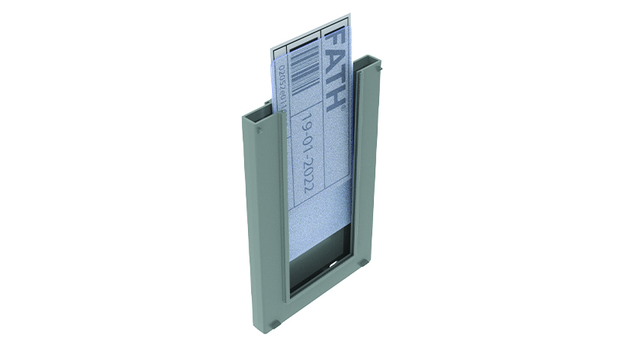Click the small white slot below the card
333,267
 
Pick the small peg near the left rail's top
260,131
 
